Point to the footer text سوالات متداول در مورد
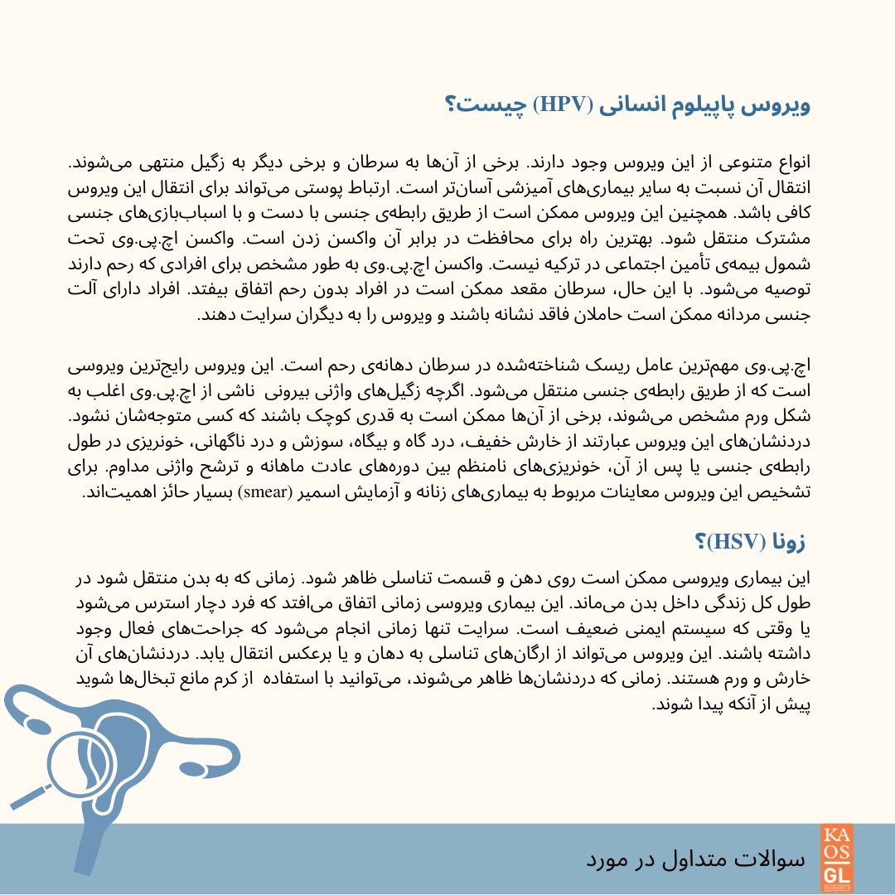[696, 859]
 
